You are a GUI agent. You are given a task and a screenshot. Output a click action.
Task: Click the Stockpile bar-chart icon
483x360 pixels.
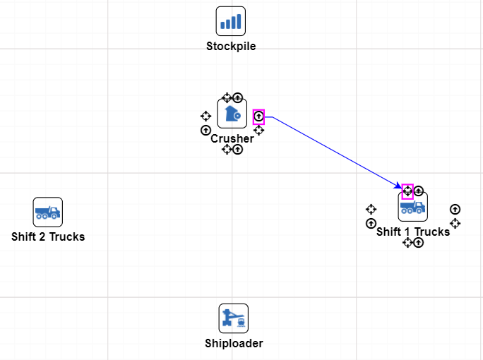pyautogui.click(x=230, y=21)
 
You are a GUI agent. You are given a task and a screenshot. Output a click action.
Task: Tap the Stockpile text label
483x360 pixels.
pyautogui.click(x=231, y=47)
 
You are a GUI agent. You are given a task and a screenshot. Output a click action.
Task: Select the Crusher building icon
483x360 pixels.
pyautogui.click(x=232, y=114)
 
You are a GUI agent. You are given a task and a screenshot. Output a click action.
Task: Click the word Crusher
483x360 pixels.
pyautogui.click(x=232, y=139)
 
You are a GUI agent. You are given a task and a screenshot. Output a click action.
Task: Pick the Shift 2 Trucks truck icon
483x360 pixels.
pyautogui.click(x=48, y=212)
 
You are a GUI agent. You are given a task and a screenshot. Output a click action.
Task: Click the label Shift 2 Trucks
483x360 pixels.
pyautogui.click(x=48, y=236)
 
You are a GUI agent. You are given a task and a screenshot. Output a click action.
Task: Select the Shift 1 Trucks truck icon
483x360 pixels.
pyautogui.click(x=412, y=207)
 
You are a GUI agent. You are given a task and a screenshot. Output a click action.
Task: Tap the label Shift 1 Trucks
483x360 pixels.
pyautogui.click(x=413, y=232)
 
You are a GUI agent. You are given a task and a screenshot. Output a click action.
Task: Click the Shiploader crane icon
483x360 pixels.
pyautogui.click(x=233, y=318)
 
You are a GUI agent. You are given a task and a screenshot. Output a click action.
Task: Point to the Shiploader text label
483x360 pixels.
pyautogui.click(x=234, y=344)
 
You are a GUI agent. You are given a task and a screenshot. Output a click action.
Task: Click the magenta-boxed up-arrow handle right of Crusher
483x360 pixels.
pyautogui.click(x=258, y=116)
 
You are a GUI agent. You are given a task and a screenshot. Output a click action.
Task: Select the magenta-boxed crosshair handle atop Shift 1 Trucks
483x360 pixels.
pyautogui.click(x=407, y=191)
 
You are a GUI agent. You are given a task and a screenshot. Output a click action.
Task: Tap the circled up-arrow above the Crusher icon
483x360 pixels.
pyautogui.click(x=238, y=97)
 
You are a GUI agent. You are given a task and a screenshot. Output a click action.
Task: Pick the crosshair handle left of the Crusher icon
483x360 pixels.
pyautogui.click(x=205, y=116)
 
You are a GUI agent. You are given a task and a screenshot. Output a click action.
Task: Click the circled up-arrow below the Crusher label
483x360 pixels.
pyautogui.click(x=238, y=150)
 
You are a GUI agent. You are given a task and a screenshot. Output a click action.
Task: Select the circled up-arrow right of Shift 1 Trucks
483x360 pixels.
pyautogui.click(x=455, y=209)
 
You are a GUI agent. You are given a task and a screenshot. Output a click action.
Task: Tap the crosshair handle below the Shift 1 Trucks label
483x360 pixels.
pyautogui.click(x=407, y=243)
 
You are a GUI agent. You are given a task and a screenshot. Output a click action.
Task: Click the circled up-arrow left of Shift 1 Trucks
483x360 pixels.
pyautogui.click(x=371, y=224)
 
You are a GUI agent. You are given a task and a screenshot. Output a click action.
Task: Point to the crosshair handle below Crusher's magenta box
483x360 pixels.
pyautogui.click(x=258, y=130)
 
